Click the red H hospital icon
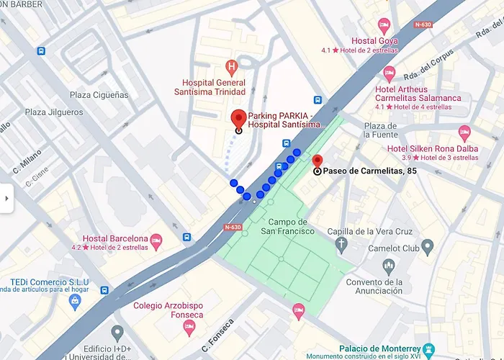click(231, 69)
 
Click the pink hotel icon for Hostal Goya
click(384, 25)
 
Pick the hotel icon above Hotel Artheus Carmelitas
click(390, 73)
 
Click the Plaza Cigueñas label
click(99, 95)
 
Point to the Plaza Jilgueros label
click(55, 112)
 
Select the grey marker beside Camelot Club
click(428, 248)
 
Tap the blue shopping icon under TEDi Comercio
click(74, 301)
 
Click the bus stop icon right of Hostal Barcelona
click(187, 237)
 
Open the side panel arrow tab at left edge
click(6, 199)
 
